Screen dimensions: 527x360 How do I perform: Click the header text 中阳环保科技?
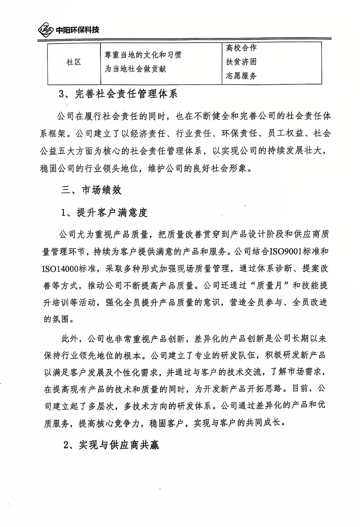[x=77, y=30]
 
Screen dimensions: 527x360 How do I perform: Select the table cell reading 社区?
[x=74, y=62]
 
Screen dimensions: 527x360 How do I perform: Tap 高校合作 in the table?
[x=241, y=48]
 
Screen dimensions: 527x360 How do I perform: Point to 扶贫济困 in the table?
[x=241, y=62]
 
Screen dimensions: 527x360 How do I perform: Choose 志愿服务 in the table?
[x=241, y=76]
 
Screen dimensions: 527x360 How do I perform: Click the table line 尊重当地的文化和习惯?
[x=143, y=55]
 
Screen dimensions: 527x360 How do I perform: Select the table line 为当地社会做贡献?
[x=135, y=69]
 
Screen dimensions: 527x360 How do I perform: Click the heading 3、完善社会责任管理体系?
[x=118, y=94]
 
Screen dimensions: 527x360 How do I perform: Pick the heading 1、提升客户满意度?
[x=104, y=213]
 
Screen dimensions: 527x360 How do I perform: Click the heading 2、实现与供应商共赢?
[x=111, y=445]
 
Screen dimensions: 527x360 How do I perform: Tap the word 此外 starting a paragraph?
[x=70, y=338]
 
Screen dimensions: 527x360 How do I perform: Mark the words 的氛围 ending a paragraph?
[x=56, y=319]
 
